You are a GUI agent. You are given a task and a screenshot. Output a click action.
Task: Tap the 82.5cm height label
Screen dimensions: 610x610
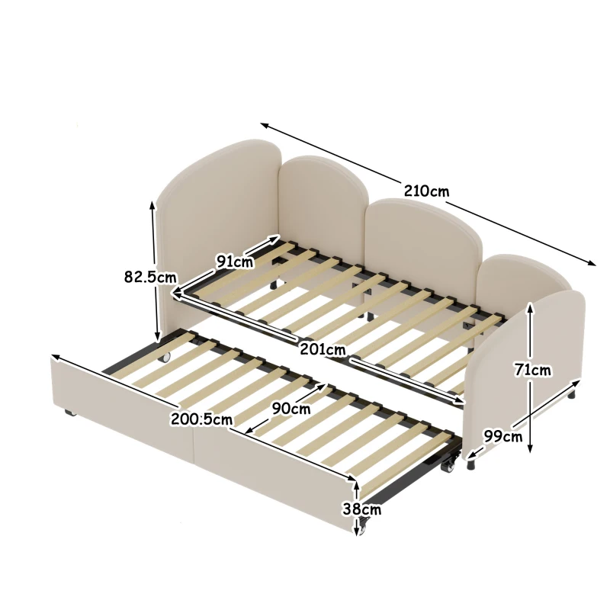(x=152, y=278)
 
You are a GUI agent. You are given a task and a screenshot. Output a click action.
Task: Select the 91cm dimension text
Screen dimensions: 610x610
(x=234, y=262)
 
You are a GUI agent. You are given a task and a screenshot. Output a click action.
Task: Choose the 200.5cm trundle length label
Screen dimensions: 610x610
(x=201, y=418)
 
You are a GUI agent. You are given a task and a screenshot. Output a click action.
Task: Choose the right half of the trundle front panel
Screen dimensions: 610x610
(x=274, y=480)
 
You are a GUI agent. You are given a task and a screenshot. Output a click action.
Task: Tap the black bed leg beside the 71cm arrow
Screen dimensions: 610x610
(x=572, y=396)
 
